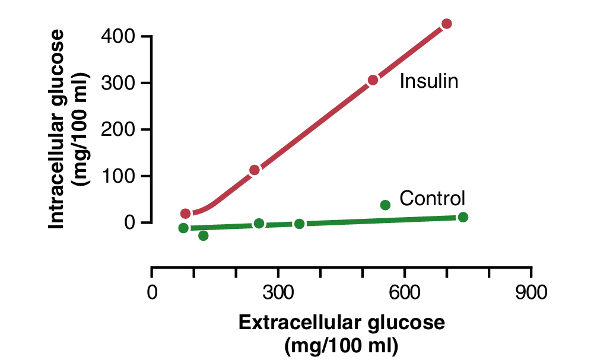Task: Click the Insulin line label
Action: (428, 81)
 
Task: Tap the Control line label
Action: (432, 198)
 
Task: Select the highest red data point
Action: (447, 24)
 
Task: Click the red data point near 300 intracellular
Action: (373, 80)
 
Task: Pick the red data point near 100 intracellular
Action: (255, 170)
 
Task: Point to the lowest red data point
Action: (186, 214)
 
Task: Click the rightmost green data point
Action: (463, 217)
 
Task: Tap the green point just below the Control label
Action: (385, 205)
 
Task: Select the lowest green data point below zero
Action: (204, 235)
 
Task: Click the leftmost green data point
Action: (183, 228)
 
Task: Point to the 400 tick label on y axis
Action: (120, 37)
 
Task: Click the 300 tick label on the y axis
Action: (120, 83)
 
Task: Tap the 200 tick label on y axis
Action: (120, 130)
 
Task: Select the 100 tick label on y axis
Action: (120, 176)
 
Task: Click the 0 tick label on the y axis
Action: (129, 223)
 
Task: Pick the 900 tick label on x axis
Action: (531, 293)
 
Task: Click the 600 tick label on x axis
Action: (404, 293)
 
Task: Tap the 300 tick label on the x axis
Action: (278, 293)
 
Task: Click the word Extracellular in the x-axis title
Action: (300, 323)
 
